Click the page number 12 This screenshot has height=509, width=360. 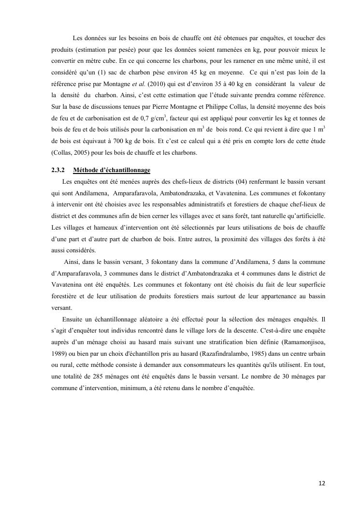pyautogui.click(x=321, y=483)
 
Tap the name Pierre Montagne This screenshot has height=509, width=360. pyautogui.click(x=171, y=108)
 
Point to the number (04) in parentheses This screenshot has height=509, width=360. pyautogui.click(x=242, y=181)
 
